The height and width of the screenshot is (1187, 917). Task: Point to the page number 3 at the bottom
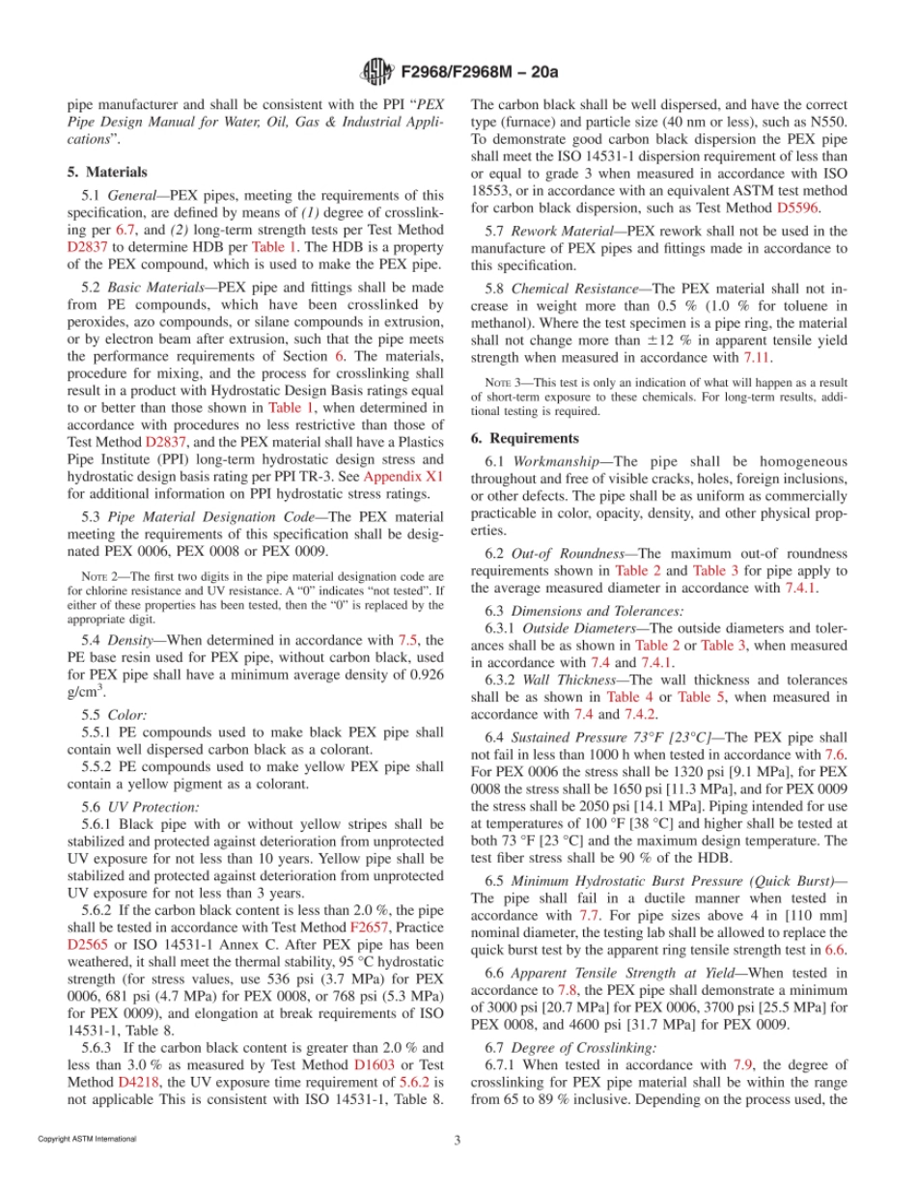pyautogui.click(x=458, y=1140)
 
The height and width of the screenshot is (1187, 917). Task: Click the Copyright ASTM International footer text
pyautogui.click(x=87, y=1140)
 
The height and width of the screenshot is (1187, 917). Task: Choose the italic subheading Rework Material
pyautogui.click(x=560, y=232)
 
